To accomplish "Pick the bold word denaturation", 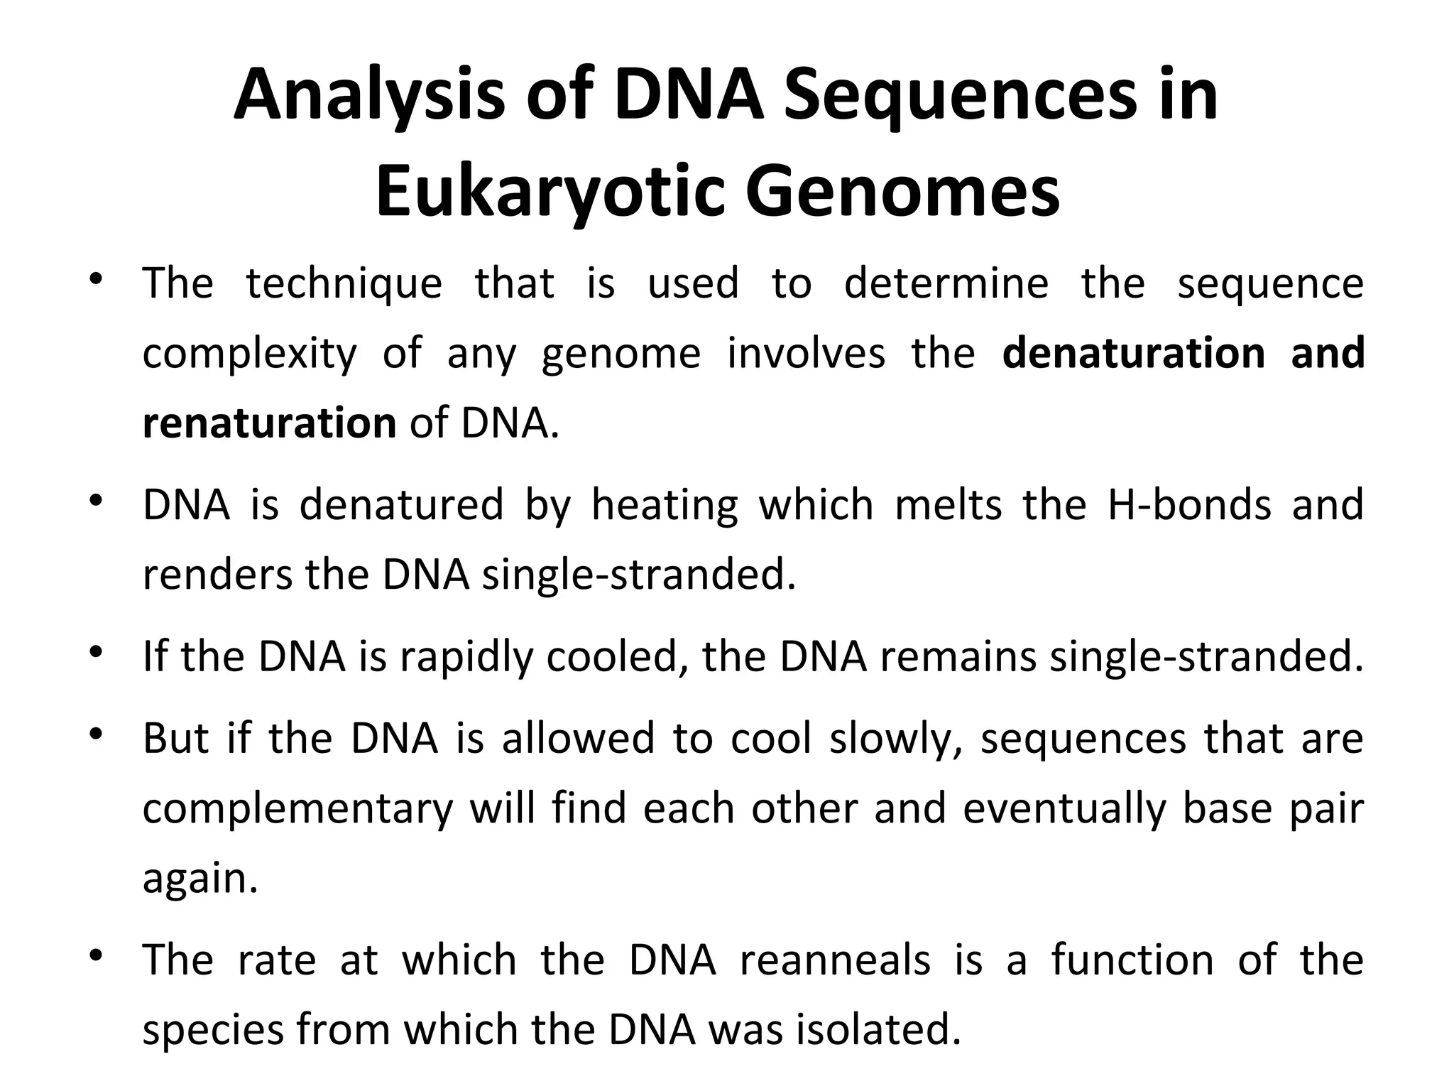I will click(x=1133, y=354).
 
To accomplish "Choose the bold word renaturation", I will click(x=269, y=423).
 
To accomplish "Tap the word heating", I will click(x=664, y=505).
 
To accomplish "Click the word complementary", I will click(x=297, y=808).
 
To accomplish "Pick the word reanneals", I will click(x=835, y=960).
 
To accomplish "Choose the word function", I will click(x=1132, y=960).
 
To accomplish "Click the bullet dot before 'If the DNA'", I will click(x=97, y=651).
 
